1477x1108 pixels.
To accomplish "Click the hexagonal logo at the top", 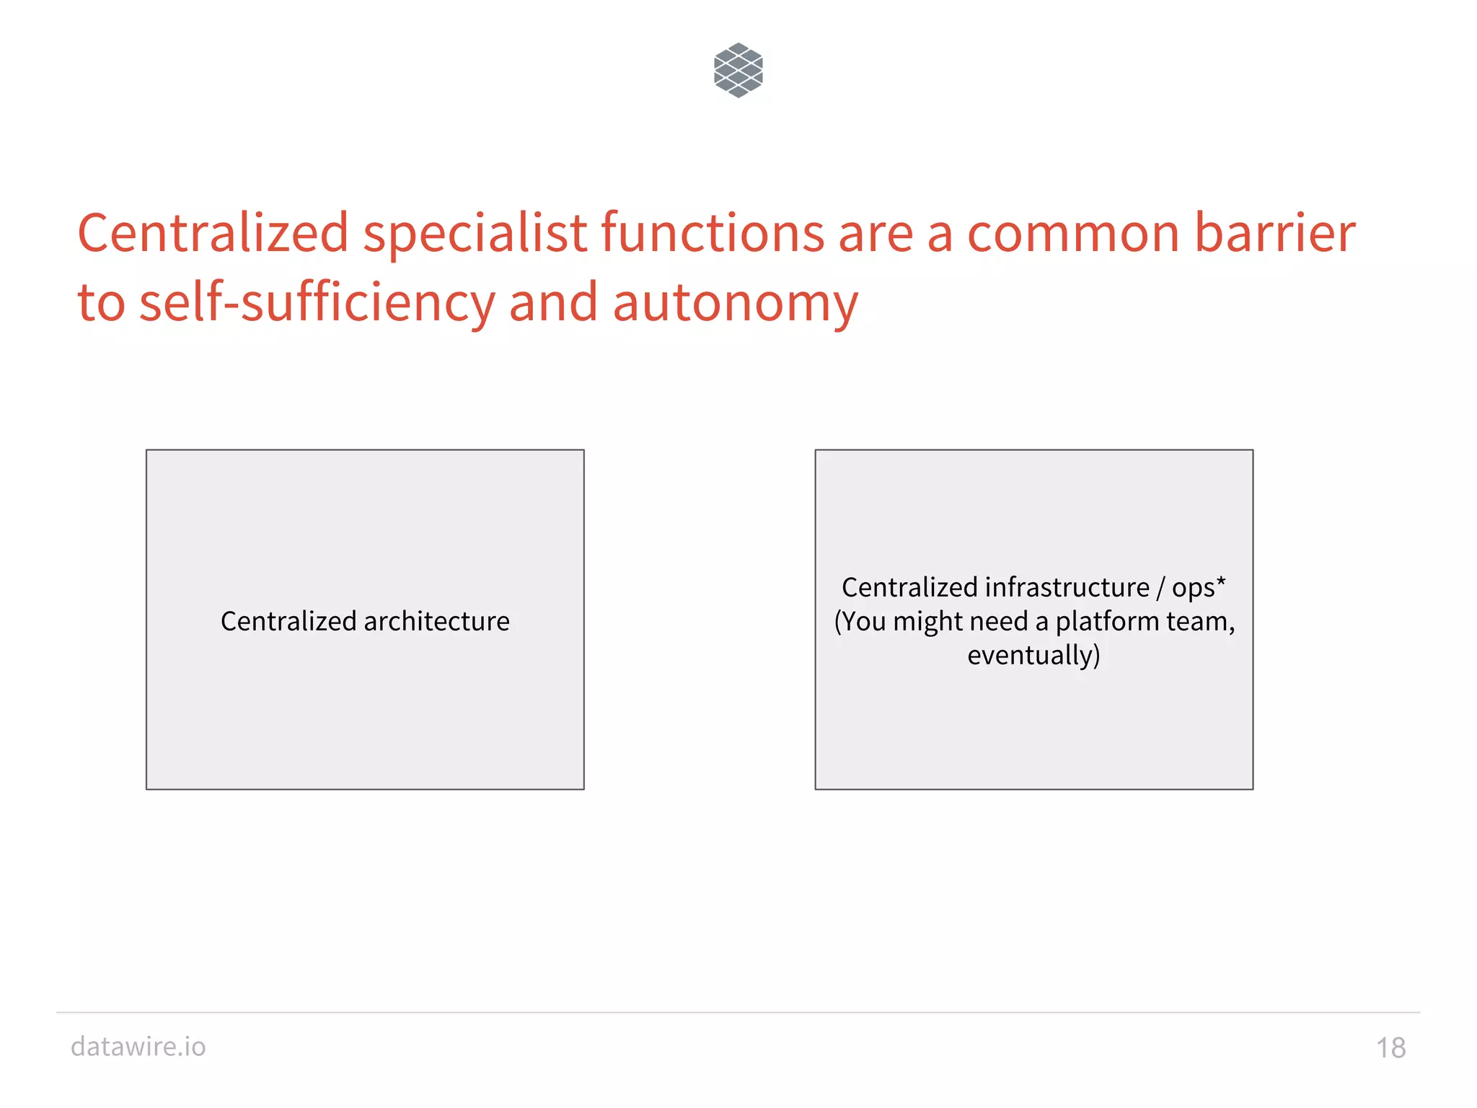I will [738, 70].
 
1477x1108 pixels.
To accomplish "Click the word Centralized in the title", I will [213, 233].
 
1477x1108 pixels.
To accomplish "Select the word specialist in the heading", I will [475, 233].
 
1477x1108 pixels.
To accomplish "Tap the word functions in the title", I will [713, 233].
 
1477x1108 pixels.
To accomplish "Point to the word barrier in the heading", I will [1274, 233].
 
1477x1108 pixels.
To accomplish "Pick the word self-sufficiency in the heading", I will [317, 303].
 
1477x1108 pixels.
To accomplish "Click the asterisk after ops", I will [1220, 581].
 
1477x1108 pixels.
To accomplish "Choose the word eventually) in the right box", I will [1033, 656].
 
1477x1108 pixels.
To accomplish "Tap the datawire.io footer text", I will [138, 1047].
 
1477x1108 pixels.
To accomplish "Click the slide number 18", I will [1390, 1048].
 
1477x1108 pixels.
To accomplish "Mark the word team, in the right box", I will [1206, 622].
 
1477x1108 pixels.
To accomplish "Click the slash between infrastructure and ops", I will [1160, 588].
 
